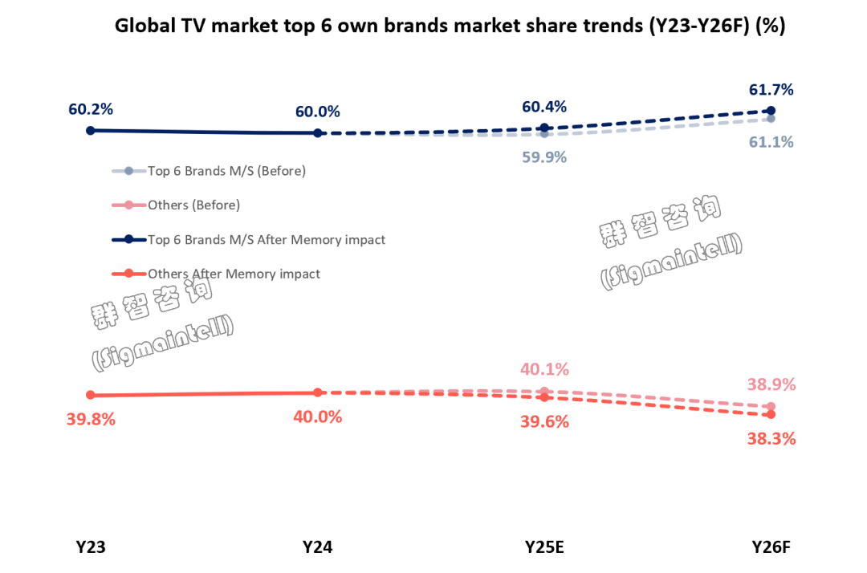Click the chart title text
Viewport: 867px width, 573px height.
450,26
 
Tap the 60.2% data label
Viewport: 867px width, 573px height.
90,108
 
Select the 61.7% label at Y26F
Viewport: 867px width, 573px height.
771,89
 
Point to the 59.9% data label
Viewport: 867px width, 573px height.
544,157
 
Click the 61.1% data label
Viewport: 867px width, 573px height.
771,142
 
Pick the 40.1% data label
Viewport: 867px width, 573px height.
544,370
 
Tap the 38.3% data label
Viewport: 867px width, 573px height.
772,439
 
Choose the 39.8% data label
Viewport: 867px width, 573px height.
92,419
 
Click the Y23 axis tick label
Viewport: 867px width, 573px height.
91,547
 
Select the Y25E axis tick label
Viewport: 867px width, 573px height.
544,547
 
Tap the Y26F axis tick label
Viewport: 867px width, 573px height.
771,547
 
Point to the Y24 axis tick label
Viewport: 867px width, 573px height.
318,547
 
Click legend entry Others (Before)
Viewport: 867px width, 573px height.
193,205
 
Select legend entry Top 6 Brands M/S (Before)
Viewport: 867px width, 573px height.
226,171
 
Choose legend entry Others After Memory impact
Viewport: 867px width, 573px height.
234,274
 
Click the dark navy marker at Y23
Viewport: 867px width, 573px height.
91,130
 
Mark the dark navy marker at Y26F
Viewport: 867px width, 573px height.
771,111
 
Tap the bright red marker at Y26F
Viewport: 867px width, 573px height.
771,414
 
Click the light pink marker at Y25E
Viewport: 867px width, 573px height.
544,392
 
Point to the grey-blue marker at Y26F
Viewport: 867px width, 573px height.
771,119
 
